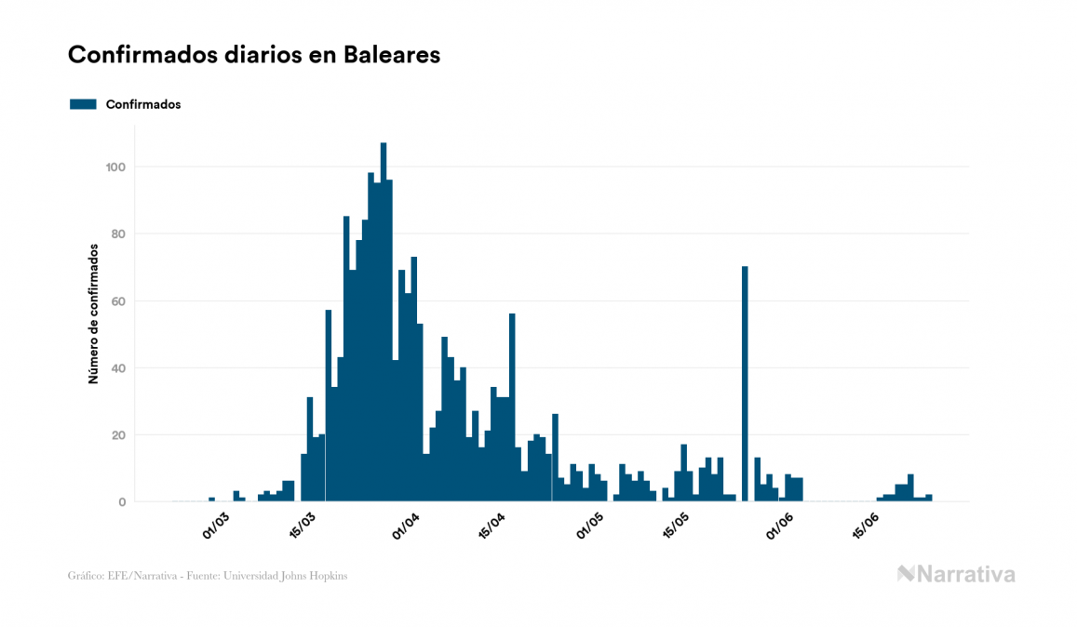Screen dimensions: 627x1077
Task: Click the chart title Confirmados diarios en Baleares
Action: (x=253, y=55)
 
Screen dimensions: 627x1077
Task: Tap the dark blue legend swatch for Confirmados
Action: (x=83, y=104)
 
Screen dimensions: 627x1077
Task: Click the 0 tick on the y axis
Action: (x=122, y=502)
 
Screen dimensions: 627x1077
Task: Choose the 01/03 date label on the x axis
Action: (x=215, y=527)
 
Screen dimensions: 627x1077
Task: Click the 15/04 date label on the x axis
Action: (x=491, y=527)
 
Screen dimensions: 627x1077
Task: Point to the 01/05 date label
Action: (x=590, y=527)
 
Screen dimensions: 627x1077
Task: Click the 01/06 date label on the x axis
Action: (x=780, y=527)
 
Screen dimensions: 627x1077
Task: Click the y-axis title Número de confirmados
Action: (x=94, y=314)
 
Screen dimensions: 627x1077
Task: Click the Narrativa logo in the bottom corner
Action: (x=956, y=574)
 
